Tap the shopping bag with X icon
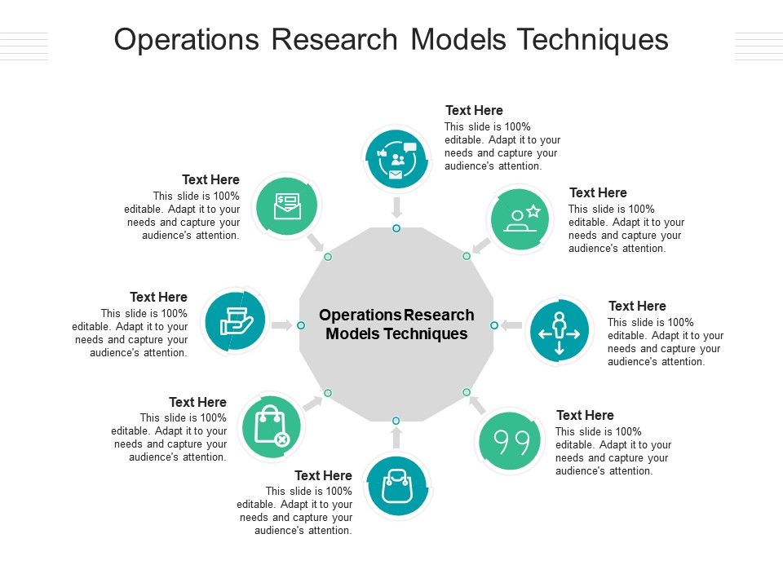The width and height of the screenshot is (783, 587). pos(272,426)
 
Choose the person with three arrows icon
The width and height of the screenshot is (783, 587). pos(559,331)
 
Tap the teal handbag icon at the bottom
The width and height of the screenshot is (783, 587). pos(396,486)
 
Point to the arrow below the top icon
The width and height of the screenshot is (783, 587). pos(396,205)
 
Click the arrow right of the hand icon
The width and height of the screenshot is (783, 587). pos(281,325)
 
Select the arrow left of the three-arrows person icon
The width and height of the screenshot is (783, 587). pos(511,325)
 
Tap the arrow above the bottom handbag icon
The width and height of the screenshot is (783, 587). pos(396,439)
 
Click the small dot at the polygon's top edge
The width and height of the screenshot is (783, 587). pos(396,228)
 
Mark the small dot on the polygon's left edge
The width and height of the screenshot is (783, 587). pos(300,325)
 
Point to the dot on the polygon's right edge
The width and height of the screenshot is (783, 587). pos(494,325)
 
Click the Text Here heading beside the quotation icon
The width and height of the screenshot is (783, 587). pos(585,416)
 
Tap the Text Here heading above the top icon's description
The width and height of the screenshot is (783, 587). pos(474,111)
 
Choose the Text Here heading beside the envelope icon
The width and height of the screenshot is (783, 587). pos(210,180)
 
